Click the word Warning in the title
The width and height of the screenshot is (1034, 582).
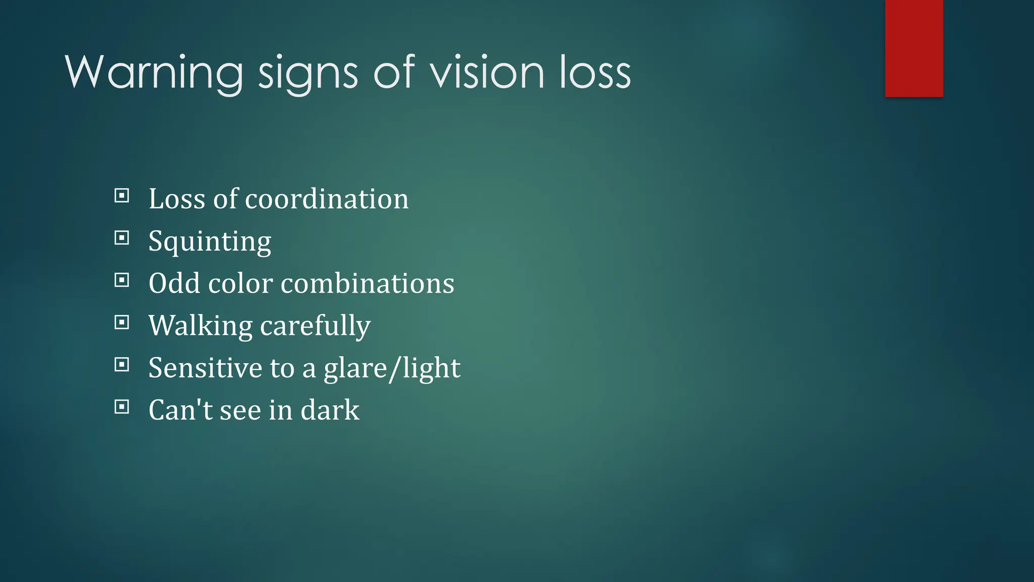pyautogui.click(x=154, y=73)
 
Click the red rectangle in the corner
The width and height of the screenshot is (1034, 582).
pyautogui.click(x=914, y=48)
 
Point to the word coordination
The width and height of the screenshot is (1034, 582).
pyautogui.click(x=327, y=199)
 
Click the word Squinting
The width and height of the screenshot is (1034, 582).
pyautogui.click(x=210, y=241)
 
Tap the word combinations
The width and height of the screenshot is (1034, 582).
pyautogui.click(x=367, y=283)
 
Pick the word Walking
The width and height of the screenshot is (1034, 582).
pyautogui.click(x=200, y=326)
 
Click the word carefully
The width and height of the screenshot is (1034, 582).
pyautogui.click(x=315, y=326)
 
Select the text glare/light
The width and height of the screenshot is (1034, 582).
pyautogui.click(x=392, y=368)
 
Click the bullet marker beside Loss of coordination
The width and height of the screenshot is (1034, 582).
pyautogui.click(x=122, y=196)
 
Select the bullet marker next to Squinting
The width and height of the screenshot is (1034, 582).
pyautogui.click(x=122, y=238)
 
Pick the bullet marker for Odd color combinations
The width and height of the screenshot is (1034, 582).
pyautogui.click(x=122, y=280)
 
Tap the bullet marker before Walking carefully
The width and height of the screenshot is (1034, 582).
pyautogui.click(x=122, y=322)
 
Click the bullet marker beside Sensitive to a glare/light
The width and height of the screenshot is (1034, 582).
pyautogui.click(x=122, y=364)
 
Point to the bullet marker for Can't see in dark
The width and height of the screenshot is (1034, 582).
pyautogui.click(x=122, y=407)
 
